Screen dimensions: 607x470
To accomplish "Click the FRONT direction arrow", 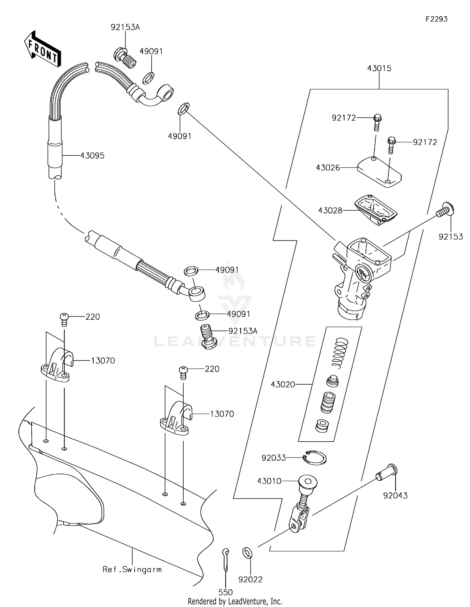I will pyautogui.click(x=42, y=49).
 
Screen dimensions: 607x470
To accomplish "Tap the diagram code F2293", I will pyautogui.click(x=436, y=19).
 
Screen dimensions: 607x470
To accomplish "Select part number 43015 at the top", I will pyautogui.click(x=379, y=68).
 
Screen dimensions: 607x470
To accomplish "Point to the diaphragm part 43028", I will pyautogui.click(x=376, y=210).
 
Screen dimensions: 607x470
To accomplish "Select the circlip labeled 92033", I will pyautogui.click(x=315, y=458).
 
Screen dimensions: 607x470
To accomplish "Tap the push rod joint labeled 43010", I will pyautogui.click(x=302, y=501).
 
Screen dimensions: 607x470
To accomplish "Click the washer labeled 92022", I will pyautogui.click(x=248, y=553).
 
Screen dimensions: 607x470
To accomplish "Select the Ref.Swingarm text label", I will pyautogui.click(x=132, y=569).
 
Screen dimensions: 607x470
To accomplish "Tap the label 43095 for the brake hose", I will pyautogui.click(x=92, y=155).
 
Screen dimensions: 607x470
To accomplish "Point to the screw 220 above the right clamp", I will pyautogui.click(x=183, y=372).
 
